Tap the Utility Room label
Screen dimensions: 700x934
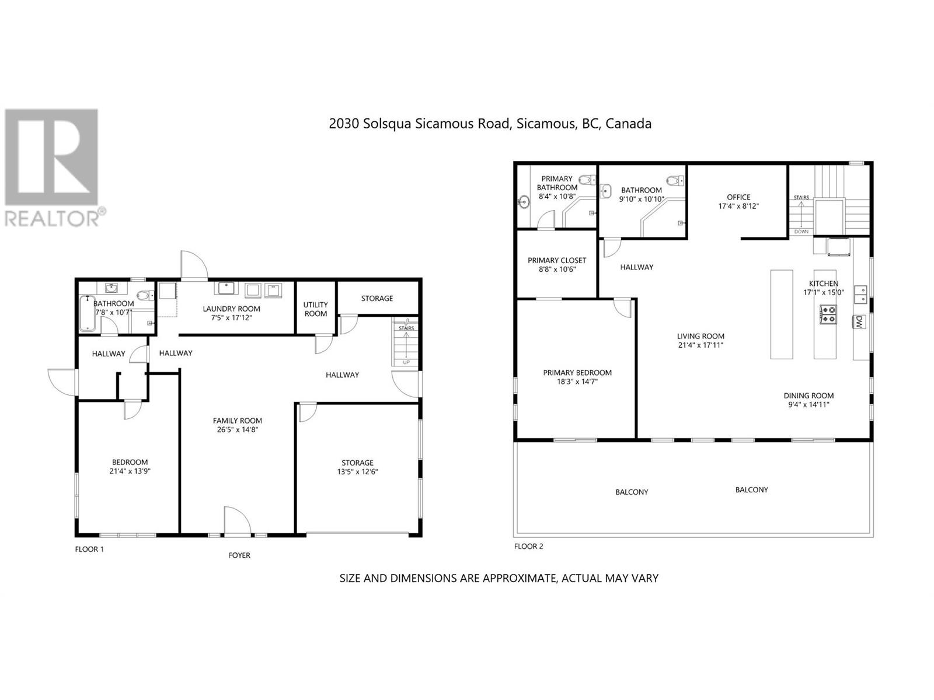click(x=315, y=309)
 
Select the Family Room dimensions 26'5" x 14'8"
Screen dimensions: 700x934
click(x=237, y=430)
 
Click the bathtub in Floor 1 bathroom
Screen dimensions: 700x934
click(x=87, y=314)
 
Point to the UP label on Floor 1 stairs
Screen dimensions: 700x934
click(x=406, y=362)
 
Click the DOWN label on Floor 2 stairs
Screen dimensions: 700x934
click(x=801, y=232)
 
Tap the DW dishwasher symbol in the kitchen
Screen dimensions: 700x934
click(x=859, y=321)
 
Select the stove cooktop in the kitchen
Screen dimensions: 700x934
click(x=828, y=314)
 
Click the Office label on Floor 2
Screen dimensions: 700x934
click(x=738, y=197)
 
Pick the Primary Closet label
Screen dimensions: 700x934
click(x=557, y=260)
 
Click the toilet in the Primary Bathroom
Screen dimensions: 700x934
click(x=587, y=180)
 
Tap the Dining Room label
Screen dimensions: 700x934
click(x=808, y=395)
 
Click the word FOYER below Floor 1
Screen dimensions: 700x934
click(x=239, y=555)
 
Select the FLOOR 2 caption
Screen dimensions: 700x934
click(x=528, y=547)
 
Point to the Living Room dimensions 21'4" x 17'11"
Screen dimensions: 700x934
click(x=700, y=345)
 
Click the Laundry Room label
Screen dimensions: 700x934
click(x=231, y=309)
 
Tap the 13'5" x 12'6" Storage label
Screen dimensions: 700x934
click(x=357, y=472)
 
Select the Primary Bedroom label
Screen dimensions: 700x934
click(x=577, y=372)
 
